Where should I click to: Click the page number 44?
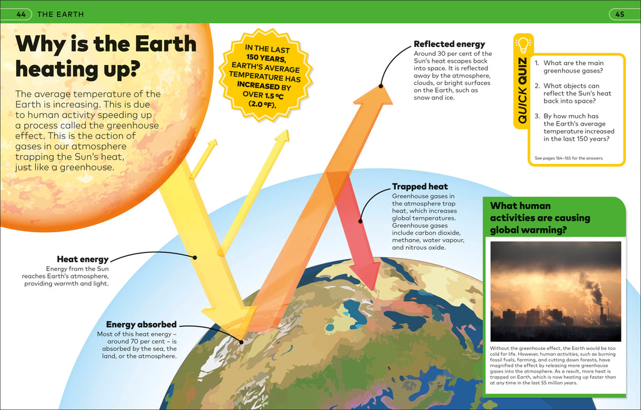(x=21, y=14)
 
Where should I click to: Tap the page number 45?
(x=620, y=14)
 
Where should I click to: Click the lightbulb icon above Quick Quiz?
(x=523, y=44)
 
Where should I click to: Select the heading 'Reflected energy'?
(x=449, y=44)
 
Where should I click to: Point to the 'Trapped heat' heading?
(x=420, y=187)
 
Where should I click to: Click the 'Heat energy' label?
(x=83, y=259)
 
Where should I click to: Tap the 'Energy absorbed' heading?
(x=141, y=325)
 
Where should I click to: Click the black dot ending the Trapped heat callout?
(x=360, y=221)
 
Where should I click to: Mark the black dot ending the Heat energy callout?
(x=195, y=257)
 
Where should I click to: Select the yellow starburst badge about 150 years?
(x=265, y=76)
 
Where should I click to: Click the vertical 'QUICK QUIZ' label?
(x=522, y=90)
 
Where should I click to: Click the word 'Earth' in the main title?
(x=165, y=44)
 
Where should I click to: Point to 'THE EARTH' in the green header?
(x=61, y=14)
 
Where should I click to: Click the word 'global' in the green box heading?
(x=504, y=230)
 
